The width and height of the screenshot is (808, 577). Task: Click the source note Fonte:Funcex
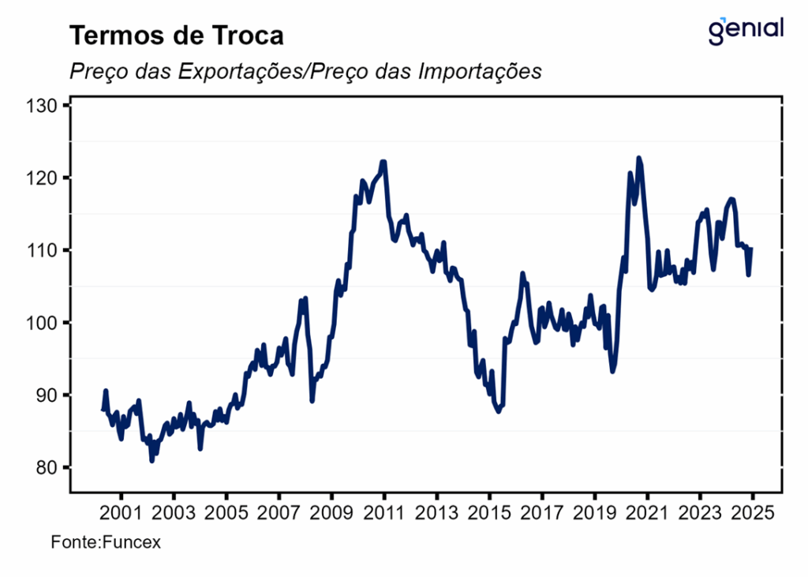[x=106, y=543]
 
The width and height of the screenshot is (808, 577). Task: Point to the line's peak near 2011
[x=383, y=163]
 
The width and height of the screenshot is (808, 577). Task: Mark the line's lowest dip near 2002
[x=151, y=460]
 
